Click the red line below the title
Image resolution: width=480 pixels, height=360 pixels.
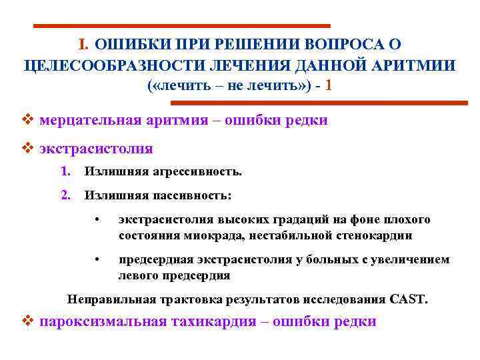click(x=319, y=103)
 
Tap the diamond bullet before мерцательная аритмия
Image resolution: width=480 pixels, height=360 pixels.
click(x=28, y=121)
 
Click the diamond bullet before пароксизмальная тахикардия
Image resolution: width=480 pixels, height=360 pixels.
click(x=28, y=321)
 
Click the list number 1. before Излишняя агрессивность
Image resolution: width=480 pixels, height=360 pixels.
click(x=65, y=172)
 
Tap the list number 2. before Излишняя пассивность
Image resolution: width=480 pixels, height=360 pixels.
click(x=65, y=195)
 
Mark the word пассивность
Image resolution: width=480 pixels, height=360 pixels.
click(x=193, y=195)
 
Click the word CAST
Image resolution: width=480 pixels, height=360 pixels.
click(x=409, y=299)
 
